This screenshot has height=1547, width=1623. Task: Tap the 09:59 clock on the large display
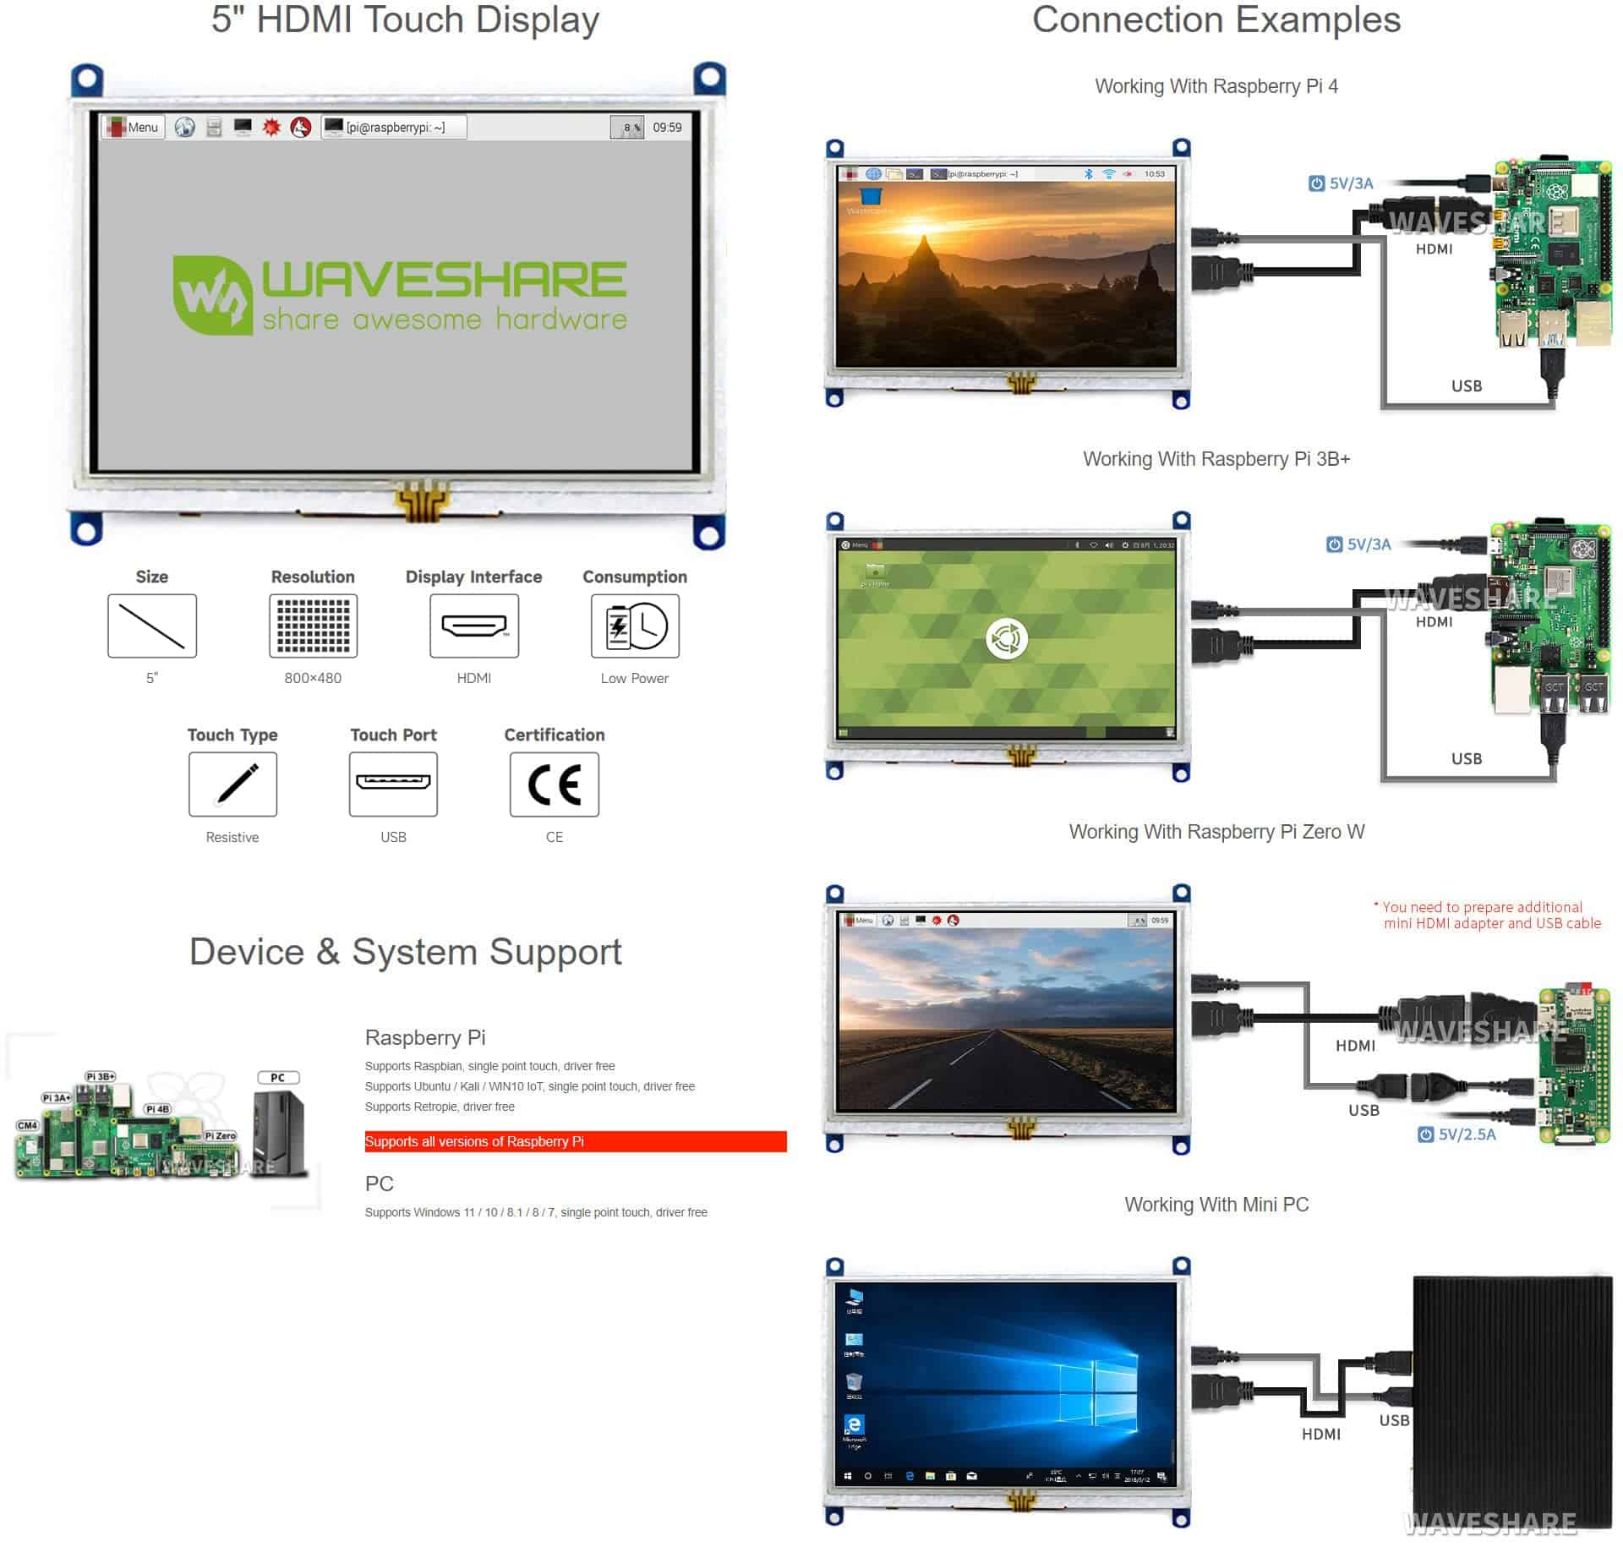(x=667, y=127)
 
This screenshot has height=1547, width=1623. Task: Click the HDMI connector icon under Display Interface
(x=473, y=626)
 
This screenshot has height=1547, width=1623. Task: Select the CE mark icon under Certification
(x=554, y=784)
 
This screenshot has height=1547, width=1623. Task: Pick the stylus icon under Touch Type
(x=232, y=784)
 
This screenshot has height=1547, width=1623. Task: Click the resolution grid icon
(x=313, y=626)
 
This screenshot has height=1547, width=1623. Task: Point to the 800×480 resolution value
(x=313, y=678)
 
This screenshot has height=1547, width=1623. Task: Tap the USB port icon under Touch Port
(x=393, y=784)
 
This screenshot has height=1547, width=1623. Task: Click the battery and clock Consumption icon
(x=635, y=626)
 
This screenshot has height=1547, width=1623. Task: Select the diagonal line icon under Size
(x=152, y=626)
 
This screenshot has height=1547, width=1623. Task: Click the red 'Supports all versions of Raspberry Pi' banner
(x=575, y=1141)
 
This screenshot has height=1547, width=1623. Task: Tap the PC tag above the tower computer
(x=278, y=1077)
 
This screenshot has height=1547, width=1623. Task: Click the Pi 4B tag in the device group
(x=157, y=1108)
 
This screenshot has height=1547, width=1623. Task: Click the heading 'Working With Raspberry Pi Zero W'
(x=1216, y=832)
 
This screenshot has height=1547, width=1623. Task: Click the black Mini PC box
(x=1512, y=1395)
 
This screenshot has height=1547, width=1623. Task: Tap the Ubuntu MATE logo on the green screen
(x=1006, y=638)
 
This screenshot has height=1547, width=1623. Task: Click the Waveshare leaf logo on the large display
(x=211, y=295)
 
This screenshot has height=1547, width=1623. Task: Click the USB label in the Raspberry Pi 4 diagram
(x=1467, y=385)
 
